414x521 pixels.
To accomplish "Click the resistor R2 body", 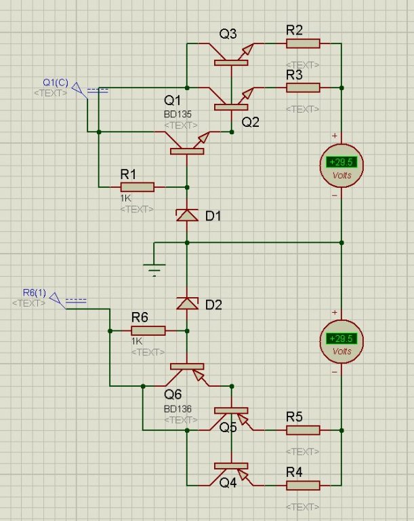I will click(x=303, y=43).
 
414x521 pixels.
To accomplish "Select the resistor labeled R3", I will click(x=303, y=88).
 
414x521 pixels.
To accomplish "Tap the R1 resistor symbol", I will click(x=137, y=187).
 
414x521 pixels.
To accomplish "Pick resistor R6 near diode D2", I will click(x=148, y=330).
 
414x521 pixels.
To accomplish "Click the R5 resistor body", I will click(x=303, y=429).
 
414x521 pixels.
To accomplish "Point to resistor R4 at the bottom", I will click(x=303, y=485).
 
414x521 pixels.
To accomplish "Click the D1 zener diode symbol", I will click(x=186, y=215).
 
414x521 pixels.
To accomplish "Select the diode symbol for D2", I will click(x=186, y=303).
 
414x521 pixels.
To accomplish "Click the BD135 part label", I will click(x=178, y=115).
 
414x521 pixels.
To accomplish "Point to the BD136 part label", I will click(x=178, y=409).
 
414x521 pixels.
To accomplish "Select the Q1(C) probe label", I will click(x=54, y=83).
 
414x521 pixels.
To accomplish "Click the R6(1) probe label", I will click(x=33, y=292).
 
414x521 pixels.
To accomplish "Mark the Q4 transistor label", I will click(x=228, y=482).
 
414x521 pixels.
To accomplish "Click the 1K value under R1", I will click(x=126, y=198).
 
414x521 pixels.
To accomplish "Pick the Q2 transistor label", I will click(x=250, y=122).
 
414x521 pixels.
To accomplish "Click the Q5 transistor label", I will click(x=228, y=427).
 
